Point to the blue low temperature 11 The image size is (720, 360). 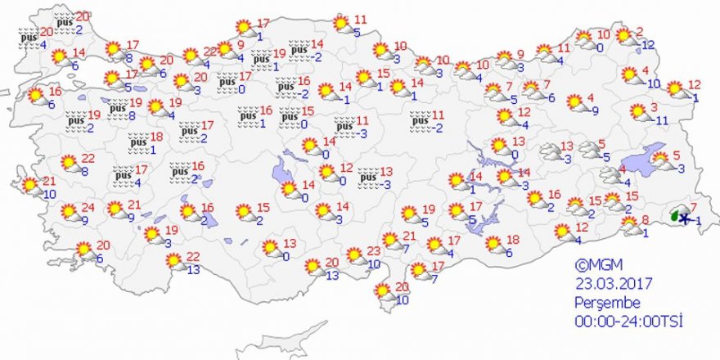[x=662, y=120]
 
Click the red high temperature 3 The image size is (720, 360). [x=654, y=107]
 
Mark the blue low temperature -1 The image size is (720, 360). [x=697, y=220]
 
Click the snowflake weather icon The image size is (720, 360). [x=683, y=218]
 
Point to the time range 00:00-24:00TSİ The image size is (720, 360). [x=628, y=319]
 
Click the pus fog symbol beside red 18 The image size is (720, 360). [x=137, y=143]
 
